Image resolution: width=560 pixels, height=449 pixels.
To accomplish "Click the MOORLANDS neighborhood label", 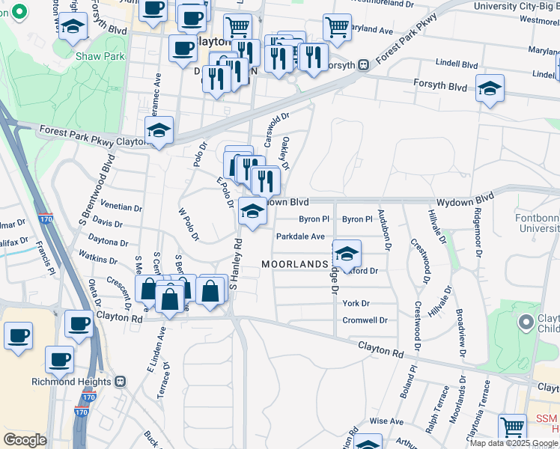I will pos(294,264).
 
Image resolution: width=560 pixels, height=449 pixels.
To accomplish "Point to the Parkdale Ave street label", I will pos(300,236).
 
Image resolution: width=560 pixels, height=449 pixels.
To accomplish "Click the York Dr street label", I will pos(356,303).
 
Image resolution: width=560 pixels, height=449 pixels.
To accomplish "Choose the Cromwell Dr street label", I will pos(365,320).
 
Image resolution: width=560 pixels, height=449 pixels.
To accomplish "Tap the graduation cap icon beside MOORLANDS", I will pos(347,254).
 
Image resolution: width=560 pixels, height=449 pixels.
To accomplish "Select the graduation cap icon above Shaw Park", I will pos(73,26).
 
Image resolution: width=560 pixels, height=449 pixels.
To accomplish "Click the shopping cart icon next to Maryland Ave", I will pos(337,27).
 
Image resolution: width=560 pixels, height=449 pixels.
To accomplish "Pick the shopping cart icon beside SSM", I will pos(513,427).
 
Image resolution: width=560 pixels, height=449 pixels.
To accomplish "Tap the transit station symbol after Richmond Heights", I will pos(121,381).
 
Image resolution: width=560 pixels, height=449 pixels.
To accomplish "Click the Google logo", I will pos(25,441).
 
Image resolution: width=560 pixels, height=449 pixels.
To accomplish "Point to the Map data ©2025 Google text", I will pos(513,443).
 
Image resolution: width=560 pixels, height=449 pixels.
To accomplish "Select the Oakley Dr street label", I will pos(284,153).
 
